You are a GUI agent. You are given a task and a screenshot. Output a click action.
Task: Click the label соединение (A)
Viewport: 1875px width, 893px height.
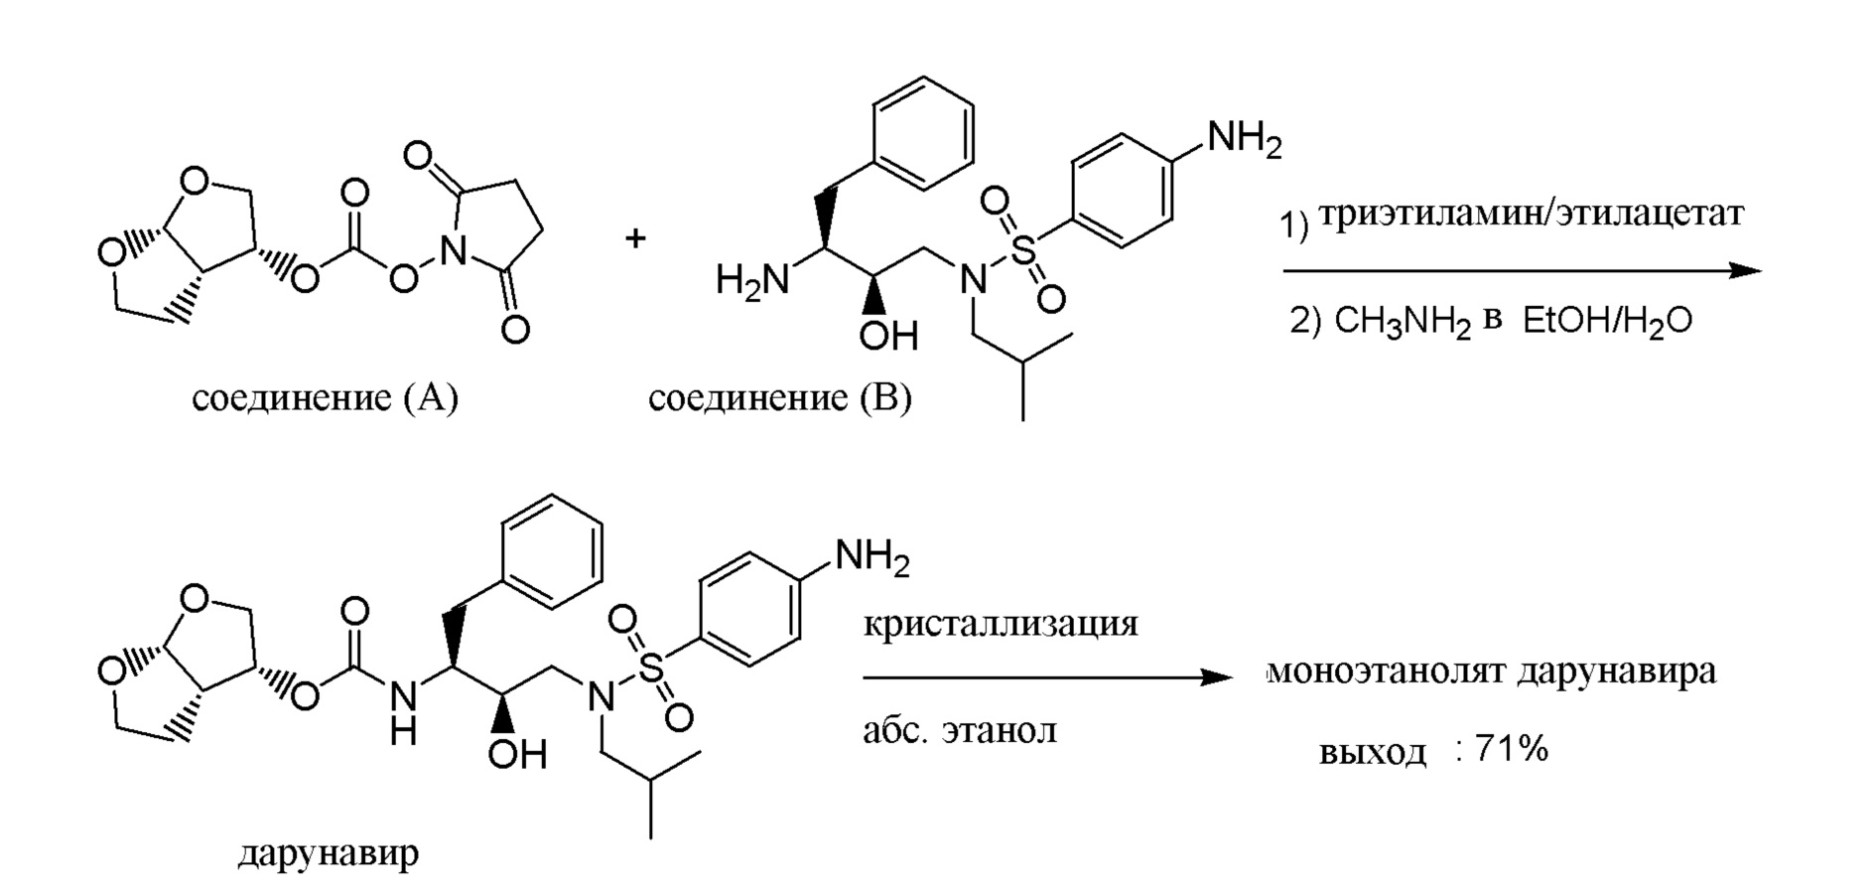325,398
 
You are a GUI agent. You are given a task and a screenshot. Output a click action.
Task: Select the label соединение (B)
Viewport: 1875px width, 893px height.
779,398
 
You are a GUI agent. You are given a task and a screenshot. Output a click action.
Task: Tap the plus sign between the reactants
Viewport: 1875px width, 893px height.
635,238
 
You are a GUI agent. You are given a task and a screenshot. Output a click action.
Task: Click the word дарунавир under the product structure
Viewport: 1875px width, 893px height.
328,852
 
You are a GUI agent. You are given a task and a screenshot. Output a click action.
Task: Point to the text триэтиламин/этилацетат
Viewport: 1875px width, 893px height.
1532,215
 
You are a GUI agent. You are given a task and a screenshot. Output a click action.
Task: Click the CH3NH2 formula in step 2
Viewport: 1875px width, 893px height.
1402,322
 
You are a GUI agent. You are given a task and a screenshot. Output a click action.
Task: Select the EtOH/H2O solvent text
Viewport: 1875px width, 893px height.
1607,322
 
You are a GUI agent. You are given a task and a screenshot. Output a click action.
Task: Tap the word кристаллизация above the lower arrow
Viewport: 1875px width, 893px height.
1001,624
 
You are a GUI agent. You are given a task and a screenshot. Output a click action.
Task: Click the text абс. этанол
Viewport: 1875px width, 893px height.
960,731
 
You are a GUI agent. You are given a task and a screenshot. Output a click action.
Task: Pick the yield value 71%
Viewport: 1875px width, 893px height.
1511,749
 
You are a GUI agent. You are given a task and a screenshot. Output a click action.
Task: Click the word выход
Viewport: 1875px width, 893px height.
1372,752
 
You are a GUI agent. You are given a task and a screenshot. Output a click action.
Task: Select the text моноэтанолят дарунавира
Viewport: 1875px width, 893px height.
1492,672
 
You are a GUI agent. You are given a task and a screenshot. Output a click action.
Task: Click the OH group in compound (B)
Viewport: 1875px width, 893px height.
888,336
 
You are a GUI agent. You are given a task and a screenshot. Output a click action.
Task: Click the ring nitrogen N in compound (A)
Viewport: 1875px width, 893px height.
454,253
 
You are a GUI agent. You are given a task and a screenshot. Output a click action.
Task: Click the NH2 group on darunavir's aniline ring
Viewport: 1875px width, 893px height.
871,557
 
